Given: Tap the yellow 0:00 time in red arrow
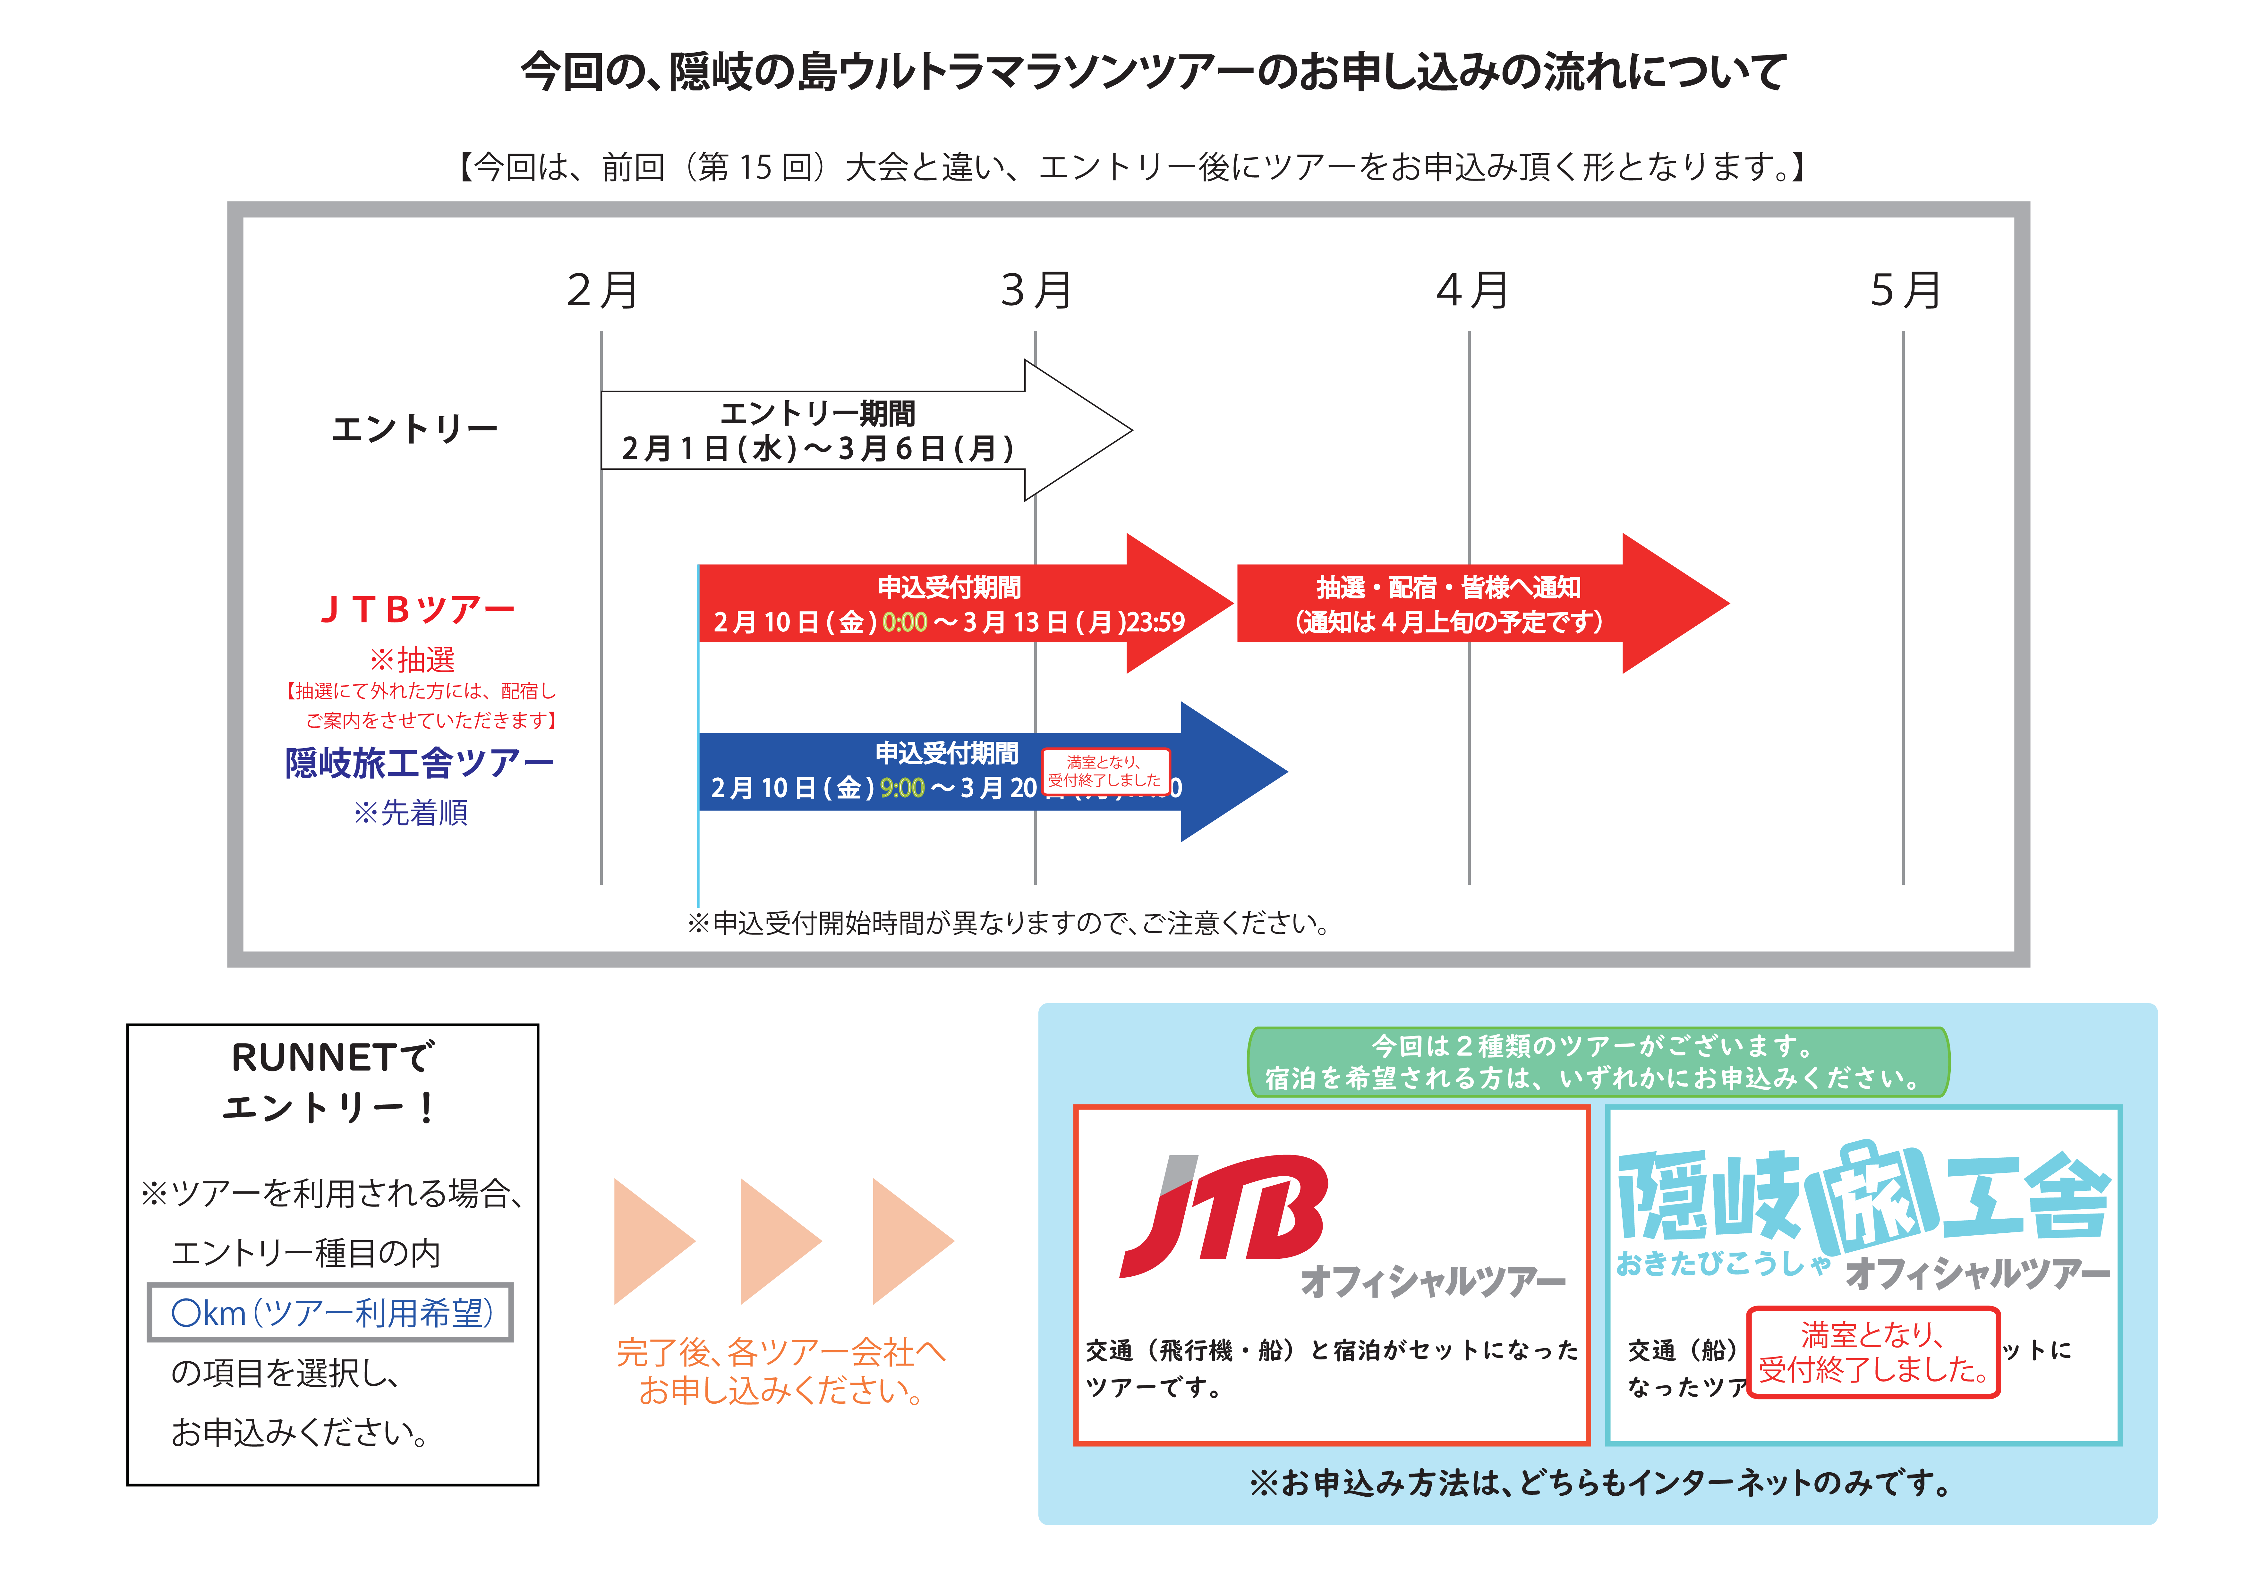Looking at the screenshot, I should pos(904,622).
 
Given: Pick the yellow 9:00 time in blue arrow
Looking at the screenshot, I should pos(902,788).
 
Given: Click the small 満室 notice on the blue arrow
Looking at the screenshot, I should pos(1105,771).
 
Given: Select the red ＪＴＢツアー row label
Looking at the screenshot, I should pos(417,610).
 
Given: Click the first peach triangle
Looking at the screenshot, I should pos(649,1241).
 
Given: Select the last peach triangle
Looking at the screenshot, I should pos(908,1241).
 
